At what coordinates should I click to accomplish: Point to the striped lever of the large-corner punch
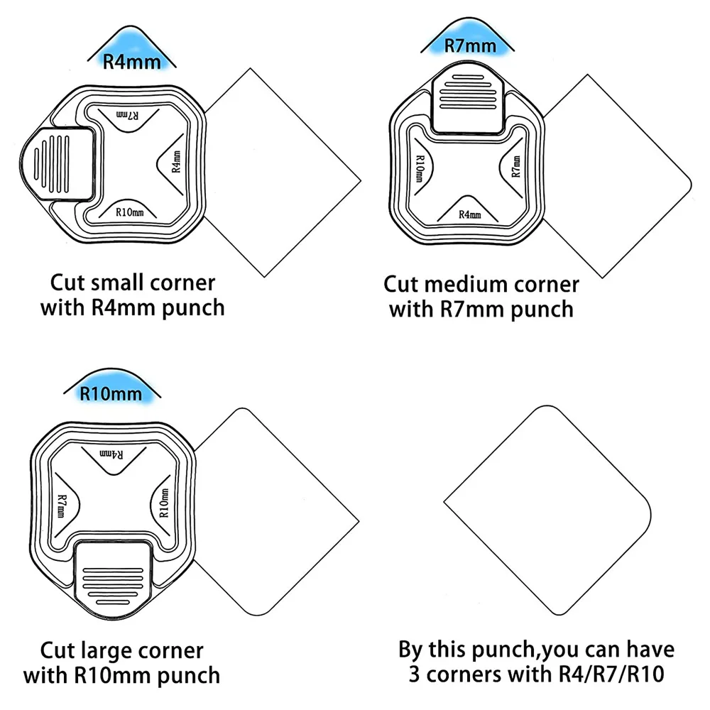[114, 575]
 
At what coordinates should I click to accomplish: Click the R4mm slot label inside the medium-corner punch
[469, 214]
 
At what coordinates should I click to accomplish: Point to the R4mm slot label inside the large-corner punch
[112, 452]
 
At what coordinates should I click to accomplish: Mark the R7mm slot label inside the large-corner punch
[62, 506]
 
